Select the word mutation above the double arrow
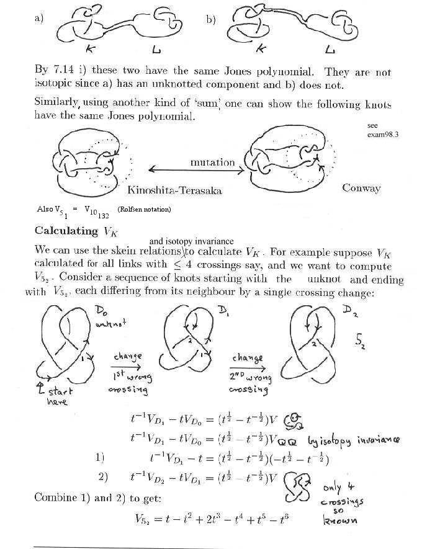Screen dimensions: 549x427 click(x=212, y=163)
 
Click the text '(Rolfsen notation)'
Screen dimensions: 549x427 click(x=143, y=209)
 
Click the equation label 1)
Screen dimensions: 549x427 click(x=100, y=458)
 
